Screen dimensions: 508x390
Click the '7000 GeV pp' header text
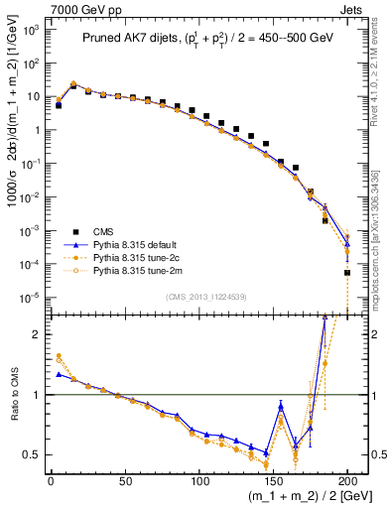pyautogui.click(x=82, y=9)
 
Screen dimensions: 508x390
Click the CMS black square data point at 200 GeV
pyautogui.click(x=347, y=272)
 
